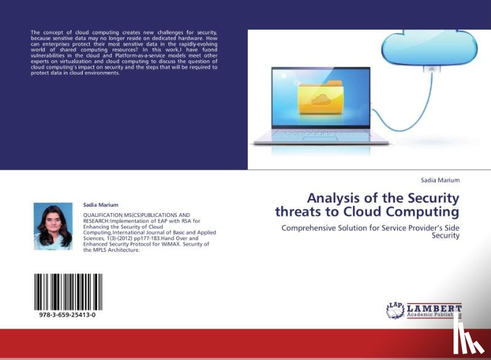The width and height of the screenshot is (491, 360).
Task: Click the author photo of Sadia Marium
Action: click(x=53, y=226)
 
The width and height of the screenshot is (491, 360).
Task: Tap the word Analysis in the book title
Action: click(x=332, y=198)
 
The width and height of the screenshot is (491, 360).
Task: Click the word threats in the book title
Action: click(x=298, y=212)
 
